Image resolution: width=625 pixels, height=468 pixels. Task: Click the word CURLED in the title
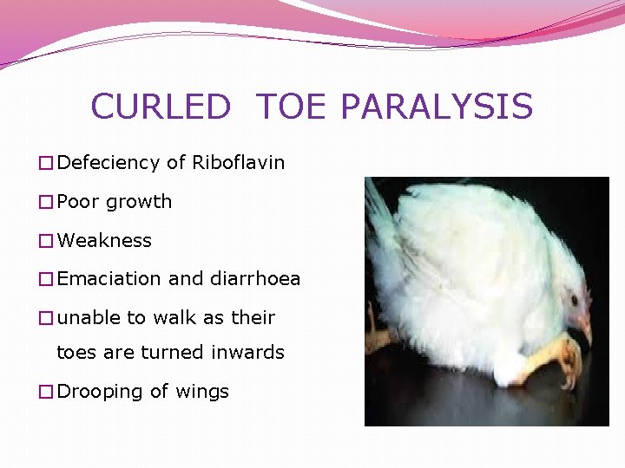(x=161, y=107)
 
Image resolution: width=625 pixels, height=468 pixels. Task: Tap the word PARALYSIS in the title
(x=437, y=107)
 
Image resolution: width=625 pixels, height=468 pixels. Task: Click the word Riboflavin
(x=238, y=163)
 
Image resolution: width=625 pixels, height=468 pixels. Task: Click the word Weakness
(x=104, y=240)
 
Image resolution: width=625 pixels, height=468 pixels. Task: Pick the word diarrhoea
(x=255, y=279)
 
